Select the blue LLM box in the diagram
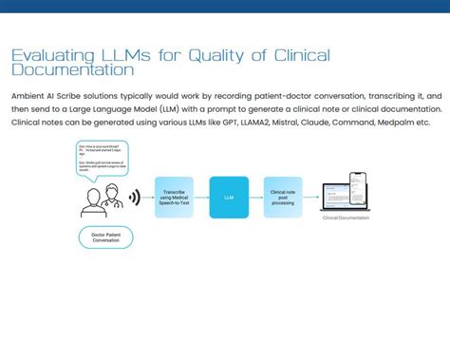[x=229, y=198]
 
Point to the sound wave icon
[x=135, y=198]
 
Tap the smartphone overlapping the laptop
[x=358, y=191]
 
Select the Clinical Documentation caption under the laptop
[x=346, y=218]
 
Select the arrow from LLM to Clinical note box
[x=254, y=198]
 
